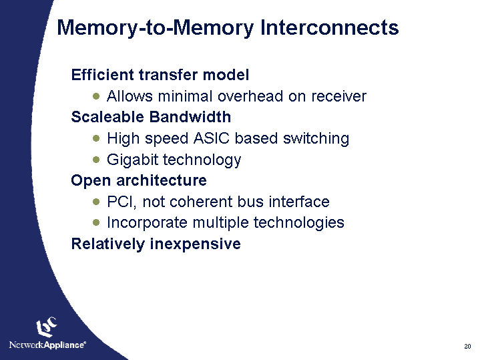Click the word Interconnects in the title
coord(330,28)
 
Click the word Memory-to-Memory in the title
coord(156,28)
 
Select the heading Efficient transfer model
coord(160,75)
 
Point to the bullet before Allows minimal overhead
coord(97,96)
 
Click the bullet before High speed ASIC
coord(97,138)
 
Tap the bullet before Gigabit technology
coord(97,160)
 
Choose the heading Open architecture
coord(138,180)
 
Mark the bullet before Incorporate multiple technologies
coord(97,222)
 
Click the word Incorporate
coord(146,222)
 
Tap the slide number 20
coord(467,346)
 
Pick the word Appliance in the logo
coord(65,345)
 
